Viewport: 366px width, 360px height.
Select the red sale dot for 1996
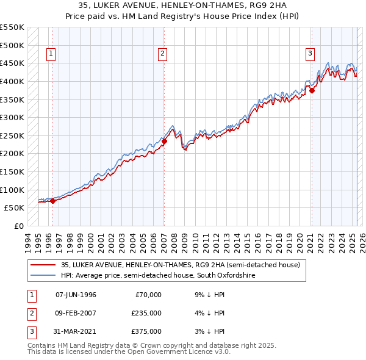click(x=52, y=200)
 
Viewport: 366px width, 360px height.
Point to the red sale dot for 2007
click(x=164, y=141)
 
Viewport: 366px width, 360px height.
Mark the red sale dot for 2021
click(x=312, y=90)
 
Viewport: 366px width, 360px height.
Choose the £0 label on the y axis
click(x=18, y=226)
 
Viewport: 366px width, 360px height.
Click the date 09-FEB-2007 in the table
click(x=76, y=313)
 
